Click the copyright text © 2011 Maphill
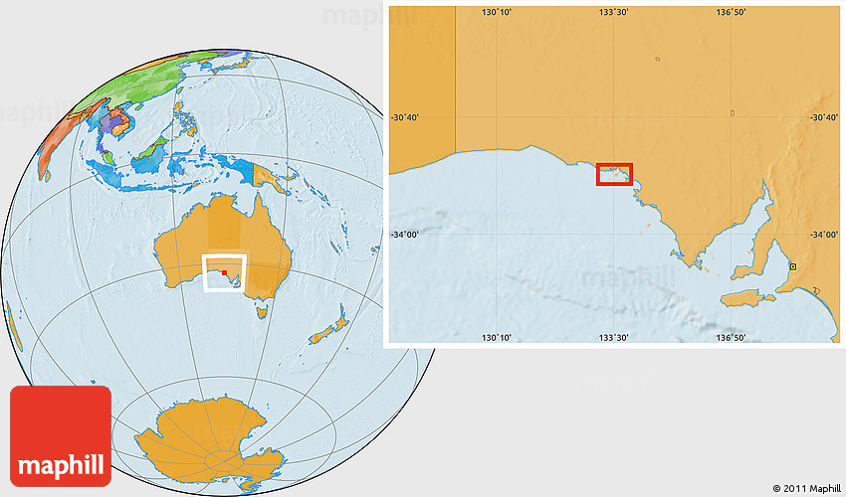click(x=807, y=488)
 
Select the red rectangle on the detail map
click(x=614, y=174)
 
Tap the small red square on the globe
click(x=225, y=271)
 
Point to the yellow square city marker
click(x=792, y=266)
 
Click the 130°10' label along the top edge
click(x=497, y=12)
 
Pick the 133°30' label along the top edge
click(x=614, y=12)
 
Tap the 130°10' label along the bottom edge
click(x=497, y=338)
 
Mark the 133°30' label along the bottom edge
click(x=614, y=338)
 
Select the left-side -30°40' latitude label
click(x=406, y=117)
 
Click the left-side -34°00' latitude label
click(x=406, y=235)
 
